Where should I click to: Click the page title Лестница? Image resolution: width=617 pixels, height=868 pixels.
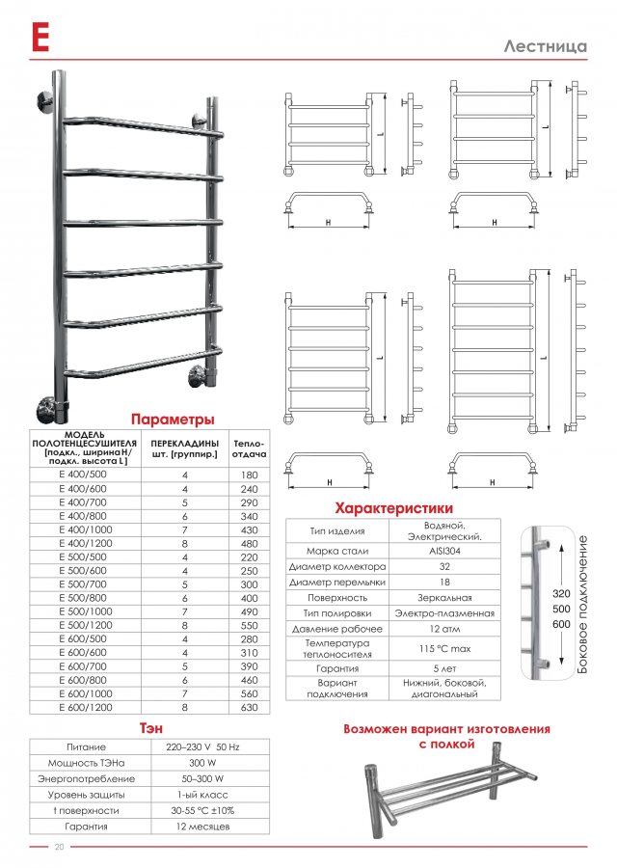click(x=545, y=46)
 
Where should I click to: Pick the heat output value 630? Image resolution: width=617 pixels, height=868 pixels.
click(x=250, y=706)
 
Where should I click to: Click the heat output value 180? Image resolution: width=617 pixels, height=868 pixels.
click(x=250, y=475)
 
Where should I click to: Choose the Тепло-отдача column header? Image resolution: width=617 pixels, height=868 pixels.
click(x=250, y=447)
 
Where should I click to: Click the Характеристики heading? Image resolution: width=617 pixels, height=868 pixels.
click(x=393, y=507)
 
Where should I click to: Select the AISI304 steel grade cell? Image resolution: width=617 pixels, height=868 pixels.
click(x=444, y=551)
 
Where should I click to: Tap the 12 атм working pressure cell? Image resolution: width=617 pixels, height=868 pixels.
click(x=444, y=628)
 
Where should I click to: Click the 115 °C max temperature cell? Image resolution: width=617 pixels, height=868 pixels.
click(x=444, y=648)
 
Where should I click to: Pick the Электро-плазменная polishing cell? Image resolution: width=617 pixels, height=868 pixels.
click(x=444, y=612)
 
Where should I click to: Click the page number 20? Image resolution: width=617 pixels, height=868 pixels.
click(x=59, y=847)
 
